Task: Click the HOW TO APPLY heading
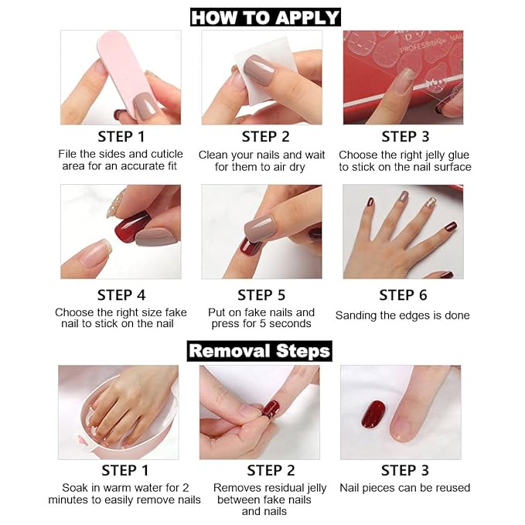point(265,17)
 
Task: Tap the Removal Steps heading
point(260,350)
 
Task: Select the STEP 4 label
point(121,295)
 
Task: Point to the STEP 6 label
point(402,295)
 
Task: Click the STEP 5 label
point(261,295)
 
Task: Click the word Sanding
point(355,315)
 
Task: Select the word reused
point(452,488)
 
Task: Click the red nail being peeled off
point(270,409)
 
